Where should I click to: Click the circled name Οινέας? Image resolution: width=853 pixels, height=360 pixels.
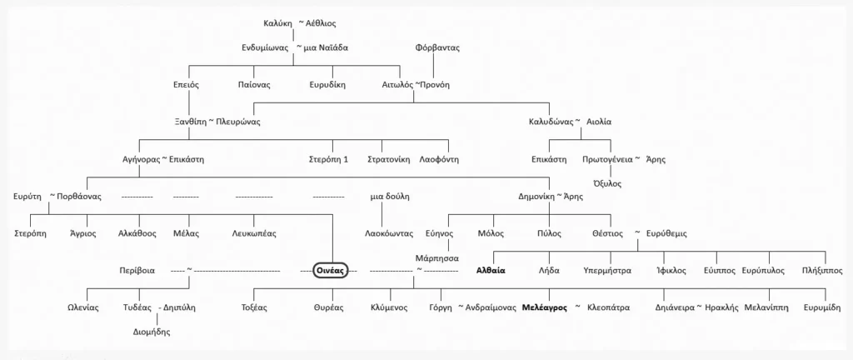click(x=331, y=270)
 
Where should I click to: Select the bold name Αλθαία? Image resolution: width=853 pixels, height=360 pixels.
click(x=491, y=270)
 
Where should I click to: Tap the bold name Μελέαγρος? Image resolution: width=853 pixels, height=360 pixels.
click(x=545, y=307)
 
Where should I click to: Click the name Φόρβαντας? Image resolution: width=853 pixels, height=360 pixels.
click(x=437, y=47)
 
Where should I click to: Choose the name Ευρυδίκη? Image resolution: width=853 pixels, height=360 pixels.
click(x=327, y=85)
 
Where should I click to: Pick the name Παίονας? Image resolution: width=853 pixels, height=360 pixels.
click(x=254, y=85)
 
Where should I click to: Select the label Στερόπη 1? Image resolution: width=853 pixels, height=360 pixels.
click(x=327, y=160)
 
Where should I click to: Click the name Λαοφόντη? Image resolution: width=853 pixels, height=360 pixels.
click(x=439, y=160)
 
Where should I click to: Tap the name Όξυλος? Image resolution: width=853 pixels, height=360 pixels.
click(x=606, y=184)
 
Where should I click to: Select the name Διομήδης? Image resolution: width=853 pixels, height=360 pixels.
click(x=152, y=332)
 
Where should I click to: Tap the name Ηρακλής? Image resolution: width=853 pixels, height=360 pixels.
click(x=722, y=307)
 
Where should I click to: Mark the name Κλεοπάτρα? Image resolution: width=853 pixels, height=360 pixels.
click(x=609, y=307)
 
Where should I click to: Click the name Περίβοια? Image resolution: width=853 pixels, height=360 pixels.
click(x=137, y=270)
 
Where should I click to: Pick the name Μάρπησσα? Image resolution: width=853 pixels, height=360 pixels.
click(x=436, y=257)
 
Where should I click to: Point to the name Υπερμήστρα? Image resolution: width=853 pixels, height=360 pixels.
click(x=607, y=270)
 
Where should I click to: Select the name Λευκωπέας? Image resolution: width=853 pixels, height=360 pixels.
click(x=254, y=234)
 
